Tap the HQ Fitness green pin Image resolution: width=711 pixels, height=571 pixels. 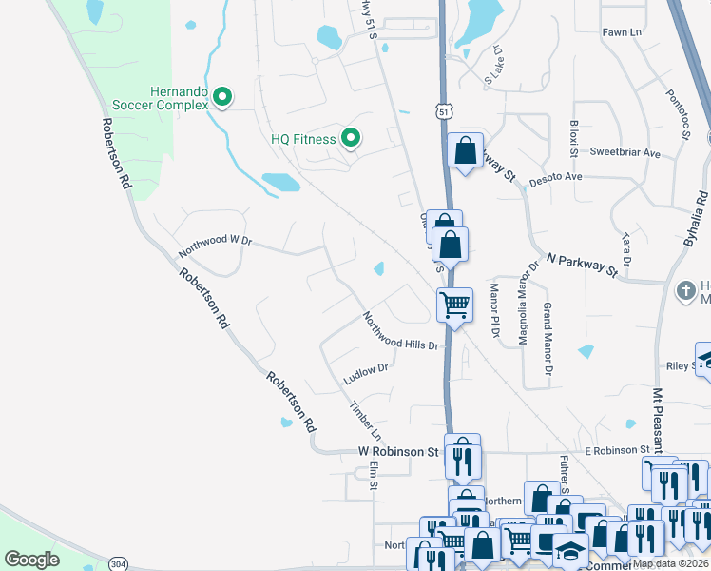click(x=350, y=139)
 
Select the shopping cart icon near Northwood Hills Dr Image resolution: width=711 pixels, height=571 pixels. click(x=454, y=306)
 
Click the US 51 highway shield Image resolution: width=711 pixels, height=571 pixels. click(x=443, y=112)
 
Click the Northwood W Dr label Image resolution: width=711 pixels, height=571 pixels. click(x=214, y=247)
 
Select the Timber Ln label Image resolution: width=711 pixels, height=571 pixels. click(x=364, y=415)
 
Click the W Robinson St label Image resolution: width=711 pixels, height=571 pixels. click(x=397, y=451)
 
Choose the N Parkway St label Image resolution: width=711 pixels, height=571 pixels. click(x=583, y=265)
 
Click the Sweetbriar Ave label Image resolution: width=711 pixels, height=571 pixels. click(x=625, y=152)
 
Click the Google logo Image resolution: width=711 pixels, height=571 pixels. click(x=32, y=560)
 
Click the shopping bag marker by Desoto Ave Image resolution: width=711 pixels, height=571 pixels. click(x=465, y=151)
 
